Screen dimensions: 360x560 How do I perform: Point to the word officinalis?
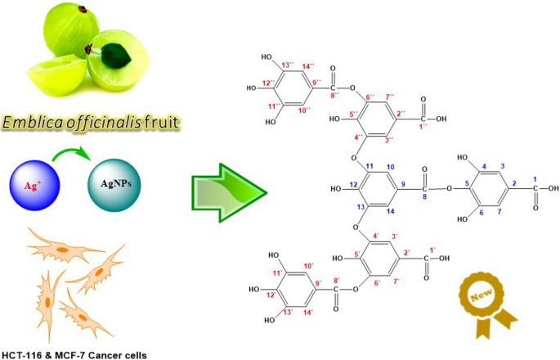[x=105, y=124]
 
